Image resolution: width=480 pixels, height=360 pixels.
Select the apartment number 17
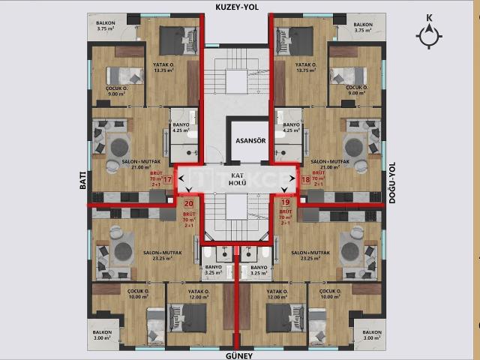pos(167,181)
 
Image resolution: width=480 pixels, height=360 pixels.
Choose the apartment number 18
pos(305,181)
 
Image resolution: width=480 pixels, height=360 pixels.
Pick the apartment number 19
pos(284,202)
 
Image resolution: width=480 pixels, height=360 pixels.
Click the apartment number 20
pos(188,202)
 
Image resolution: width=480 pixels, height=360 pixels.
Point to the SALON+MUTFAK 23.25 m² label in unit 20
pos(159,256)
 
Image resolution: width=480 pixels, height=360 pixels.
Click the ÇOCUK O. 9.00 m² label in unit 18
pos(356,91)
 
